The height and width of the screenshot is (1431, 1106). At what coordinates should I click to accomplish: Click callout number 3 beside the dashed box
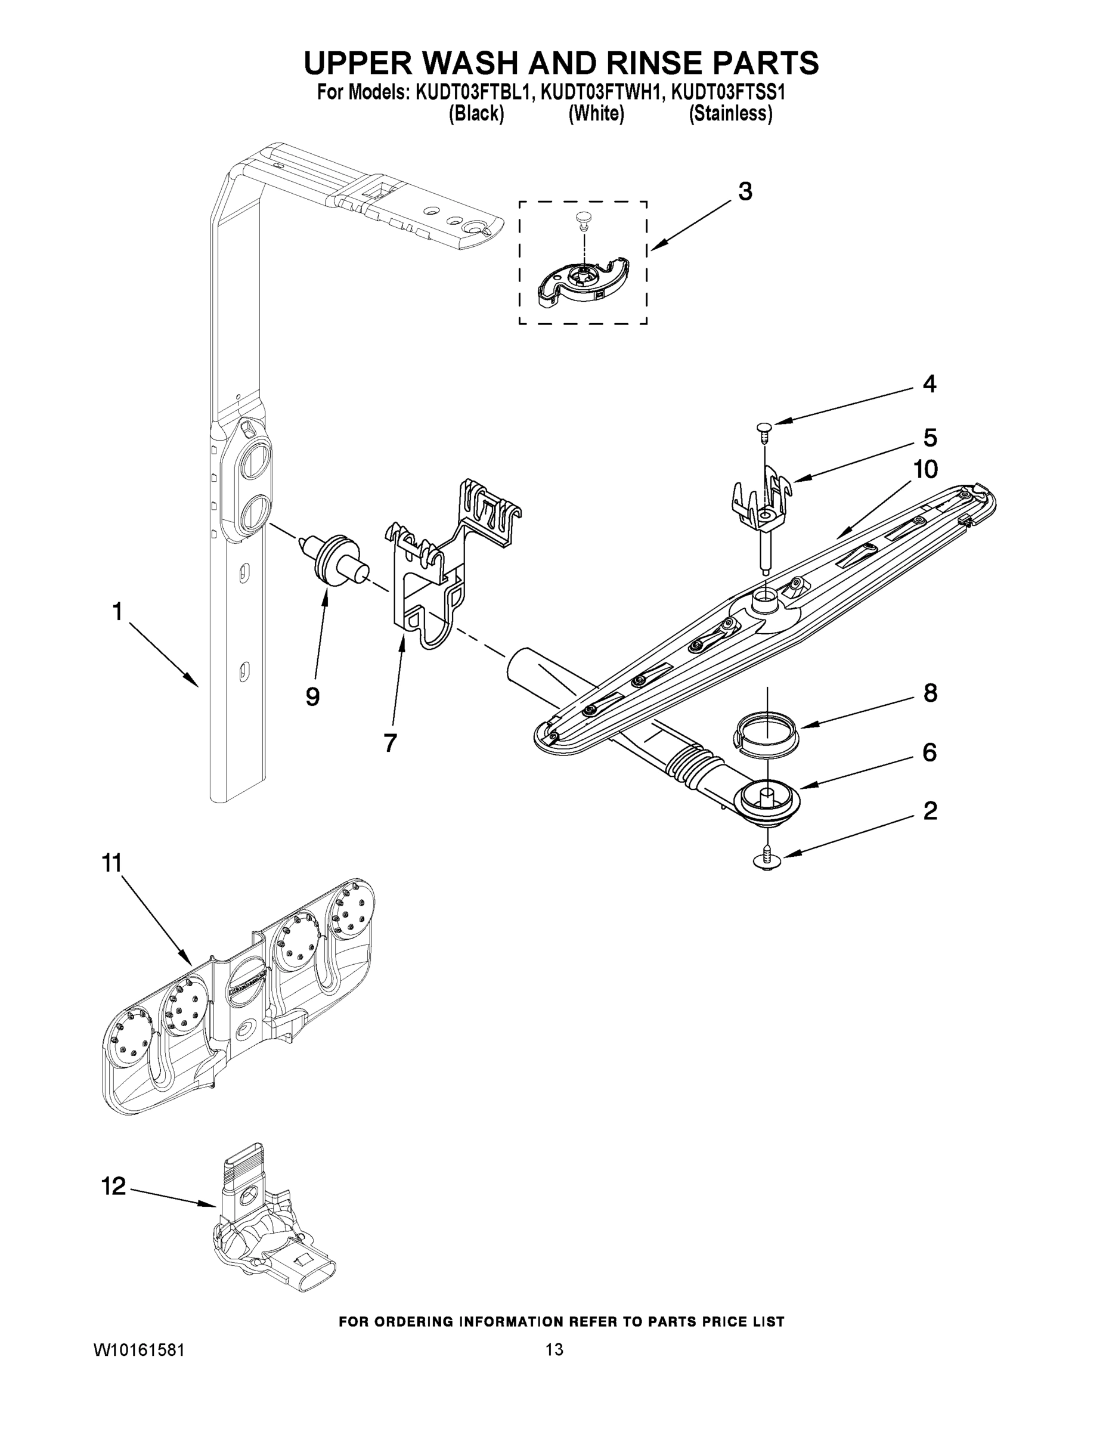(x=745, y=192)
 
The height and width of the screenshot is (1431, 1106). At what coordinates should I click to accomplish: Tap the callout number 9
(x=312, y=697)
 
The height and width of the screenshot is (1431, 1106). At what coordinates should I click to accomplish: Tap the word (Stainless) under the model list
(x=730, y=114)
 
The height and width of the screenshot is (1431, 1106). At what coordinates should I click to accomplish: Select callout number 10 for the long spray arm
(x=926, y=469)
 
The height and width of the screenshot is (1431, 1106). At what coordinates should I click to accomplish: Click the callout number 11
(x=113, y=863)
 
